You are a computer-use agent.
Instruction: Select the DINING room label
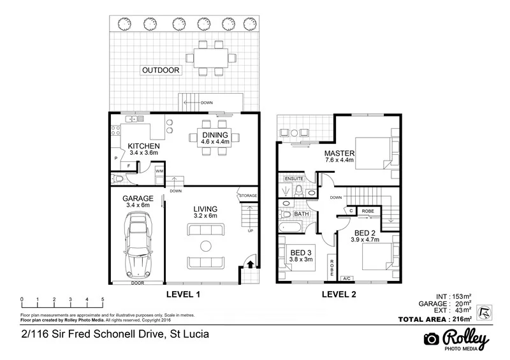click(x=215, y=135)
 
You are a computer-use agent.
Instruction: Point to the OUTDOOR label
click(x=160, y=69)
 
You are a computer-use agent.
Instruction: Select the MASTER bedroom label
click(x=339, y=154)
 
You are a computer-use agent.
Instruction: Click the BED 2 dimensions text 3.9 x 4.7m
click(x=366, y=240)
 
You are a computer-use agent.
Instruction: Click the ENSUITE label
click(x=294, y=179)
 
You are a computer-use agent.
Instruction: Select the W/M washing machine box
click(x=159, y=170)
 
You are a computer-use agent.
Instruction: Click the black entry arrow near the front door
click(x=251, y=264)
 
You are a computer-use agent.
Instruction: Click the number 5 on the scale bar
click(x=103, y=299)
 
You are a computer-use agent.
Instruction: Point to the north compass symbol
click(x=486, y=310)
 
